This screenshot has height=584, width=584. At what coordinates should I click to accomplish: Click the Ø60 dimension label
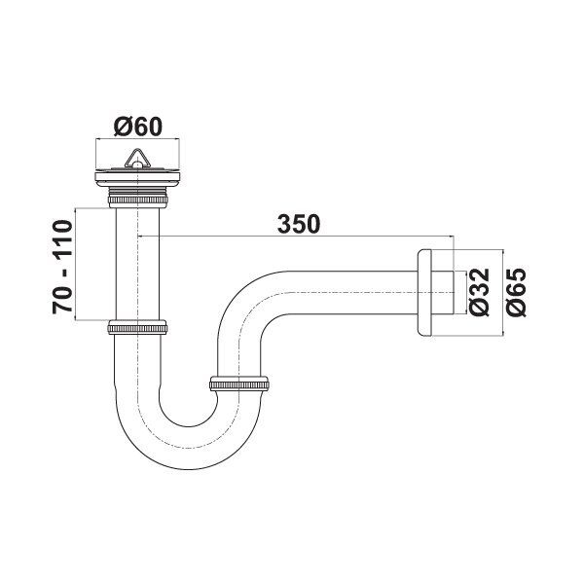pos(137,126)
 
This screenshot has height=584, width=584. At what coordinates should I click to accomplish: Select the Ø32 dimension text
pos(478,291)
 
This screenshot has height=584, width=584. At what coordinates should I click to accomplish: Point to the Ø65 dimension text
pos(516,291)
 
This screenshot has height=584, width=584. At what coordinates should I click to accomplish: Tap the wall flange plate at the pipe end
pos(423,293)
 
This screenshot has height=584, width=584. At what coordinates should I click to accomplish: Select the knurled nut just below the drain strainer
pos(137,200)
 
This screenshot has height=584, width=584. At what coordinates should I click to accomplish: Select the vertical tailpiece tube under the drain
pos(137,263)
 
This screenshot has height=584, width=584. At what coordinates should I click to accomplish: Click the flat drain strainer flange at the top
pos(137,176)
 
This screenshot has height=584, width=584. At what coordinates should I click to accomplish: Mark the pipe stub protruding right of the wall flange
pos(444,293)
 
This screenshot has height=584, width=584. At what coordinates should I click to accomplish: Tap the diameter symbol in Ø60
pos(120,126)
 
